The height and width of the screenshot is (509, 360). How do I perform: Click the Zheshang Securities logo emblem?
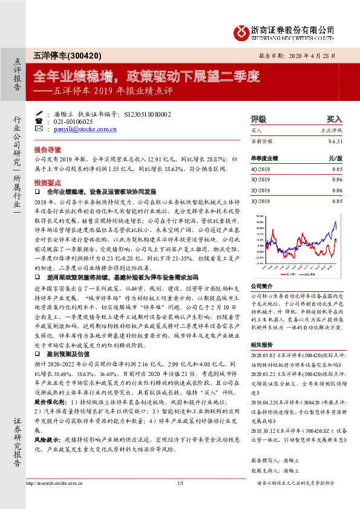[x=243, y=31]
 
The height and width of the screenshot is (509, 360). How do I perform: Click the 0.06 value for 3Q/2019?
[x=336, y=180]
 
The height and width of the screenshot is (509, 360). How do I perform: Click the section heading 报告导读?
[x=47, y=149]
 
